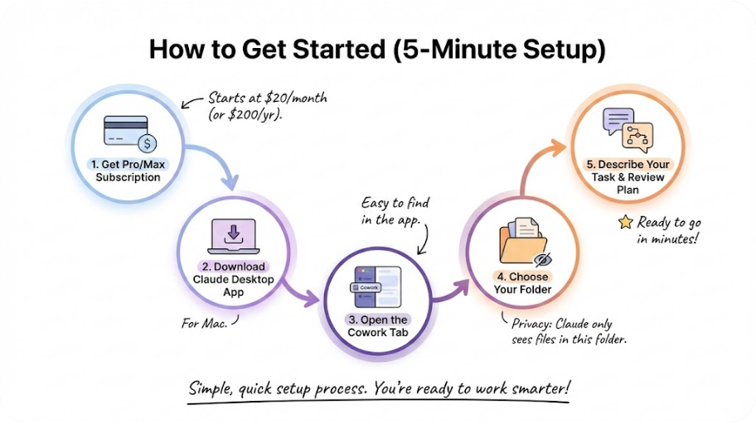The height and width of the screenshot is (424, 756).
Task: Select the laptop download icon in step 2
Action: pos(234,235)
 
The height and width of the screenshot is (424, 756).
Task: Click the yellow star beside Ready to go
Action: pos(625,222)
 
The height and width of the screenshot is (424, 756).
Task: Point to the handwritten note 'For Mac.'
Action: pos(204,322)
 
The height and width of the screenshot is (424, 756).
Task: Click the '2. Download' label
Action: pos(234,267)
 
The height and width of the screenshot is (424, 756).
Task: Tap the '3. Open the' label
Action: pos(377,320)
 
